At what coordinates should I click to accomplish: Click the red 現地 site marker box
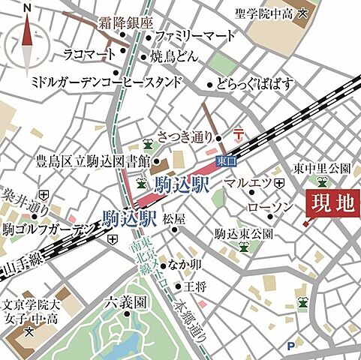(x=332, y=202)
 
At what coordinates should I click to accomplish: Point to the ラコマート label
(x=89, y=54)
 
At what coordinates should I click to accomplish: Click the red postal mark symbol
(x=239, y=134)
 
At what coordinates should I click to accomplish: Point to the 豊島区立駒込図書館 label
(x=93, y=160)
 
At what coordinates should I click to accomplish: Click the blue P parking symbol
(x=290, y=346)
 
